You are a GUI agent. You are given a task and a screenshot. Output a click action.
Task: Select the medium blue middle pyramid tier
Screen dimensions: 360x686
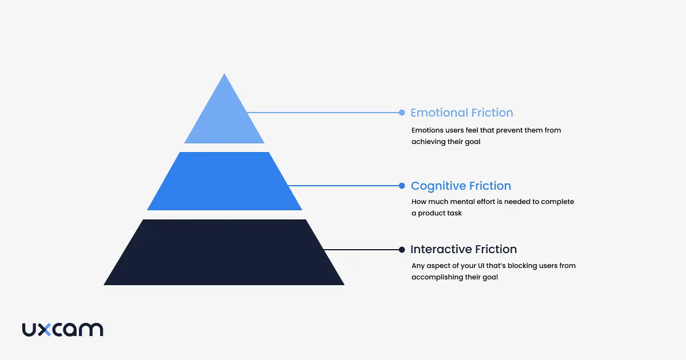224,182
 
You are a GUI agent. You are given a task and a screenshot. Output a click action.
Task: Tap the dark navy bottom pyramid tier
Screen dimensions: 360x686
224,253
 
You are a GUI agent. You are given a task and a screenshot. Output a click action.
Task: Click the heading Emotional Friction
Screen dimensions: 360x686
462,113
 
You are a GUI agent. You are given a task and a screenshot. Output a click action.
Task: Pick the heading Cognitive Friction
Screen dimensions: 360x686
461,186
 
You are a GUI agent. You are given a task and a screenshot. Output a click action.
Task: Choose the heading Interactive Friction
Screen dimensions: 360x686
464,249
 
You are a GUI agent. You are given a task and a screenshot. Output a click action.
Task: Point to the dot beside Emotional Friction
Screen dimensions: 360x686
402,113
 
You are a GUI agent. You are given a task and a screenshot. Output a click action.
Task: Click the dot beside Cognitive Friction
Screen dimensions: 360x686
402,186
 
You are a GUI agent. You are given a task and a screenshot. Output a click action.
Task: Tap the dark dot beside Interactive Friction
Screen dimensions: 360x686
402,249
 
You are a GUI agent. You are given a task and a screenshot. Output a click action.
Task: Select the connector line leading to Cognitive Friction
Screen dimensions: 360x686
343,186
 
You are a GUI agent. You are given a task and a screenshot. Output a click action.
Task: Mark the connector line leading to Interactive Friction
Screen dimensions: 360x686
360,249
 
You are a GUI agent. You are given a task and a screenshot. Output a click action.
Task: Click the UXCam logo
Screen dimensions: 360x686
63,330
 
